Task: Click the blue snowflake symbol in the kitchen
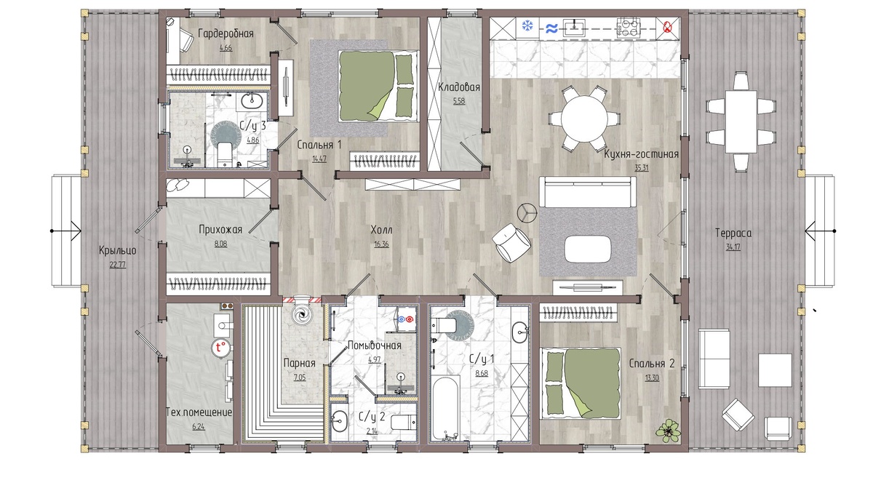pyautogui.click(x=527, y=26)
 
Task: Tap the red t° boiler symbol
pyautogui.click(x=220, y=347)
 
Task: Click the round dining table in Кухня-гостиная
pyautogui.click(x=584, y=119)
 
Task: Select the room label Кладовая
pyautogui.click(x=459, y=87)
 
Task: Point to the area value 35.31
pyautogui.click(x=642, y=168)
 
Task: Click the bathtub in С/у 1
pyautogui.click(x=445, y=408)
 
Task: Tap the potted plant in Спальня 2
pyautogui.click(x=668, y=431)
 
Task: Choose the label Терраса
pyautogui.click(x=733, y=233)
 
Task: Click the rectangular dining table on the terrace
pyautogui.click(x=741, y=121)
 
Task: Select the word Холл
pyautogui.click(x=381, y=230)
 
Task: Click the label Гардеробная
pyautogui.click(x=226, y=33)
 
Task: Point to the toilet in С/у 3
pyautogui.click(x=224, y=154)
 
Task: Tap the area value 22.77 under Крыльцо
pyautogui.click(x=117, y=265)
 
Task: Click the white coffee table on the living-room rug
pyautogui.click(x=588, y=249)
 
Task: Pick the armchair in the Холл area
pyautogui.click(x=511, y=243)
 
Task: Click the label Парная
pyautogui.click(x=299, y=364)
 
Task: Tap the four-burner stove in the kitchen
pyautogui.click(x=629, y=28)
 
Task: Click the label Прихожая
pyautogui.click(x=220, y=230)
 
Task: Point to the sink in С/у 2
pyautogui.click(x=340, y=420)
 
